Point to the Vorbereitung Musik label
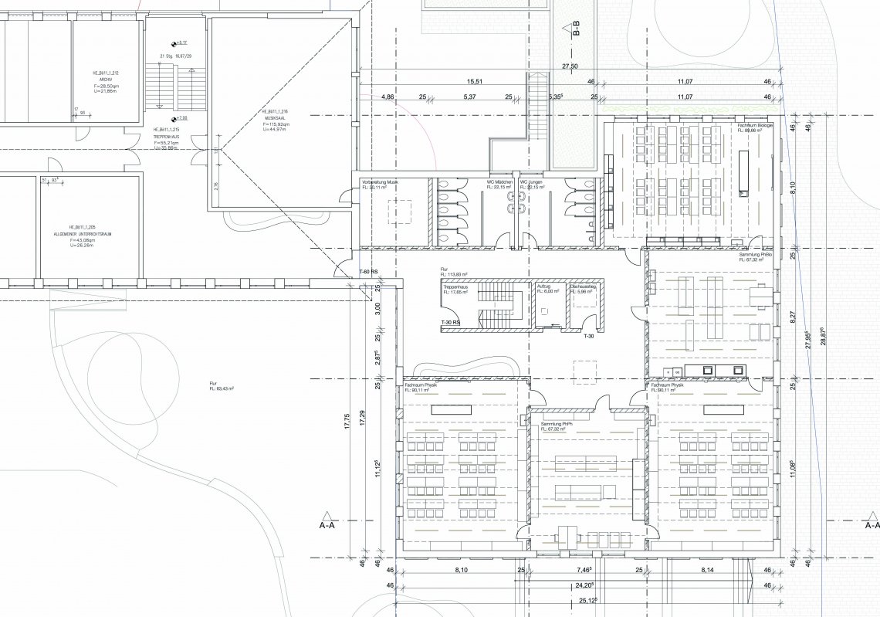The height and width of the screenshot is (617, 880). point(379,182)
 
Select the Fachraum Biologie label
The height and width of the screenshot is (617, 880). point(754,124)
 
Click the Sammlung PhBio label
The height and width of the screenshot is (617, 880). point(755,255)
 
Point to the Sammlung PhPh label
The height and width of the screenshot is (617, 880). point(557,425)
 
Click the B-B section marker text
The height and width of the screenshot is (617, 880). point(575,31)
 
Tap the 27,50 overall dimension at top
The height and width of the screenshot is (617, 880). point(570,66)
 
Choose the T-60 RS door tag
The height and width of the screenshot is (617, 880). point(369,273)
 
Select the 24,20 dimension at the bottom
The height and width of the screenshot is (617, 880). point(584,585)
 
